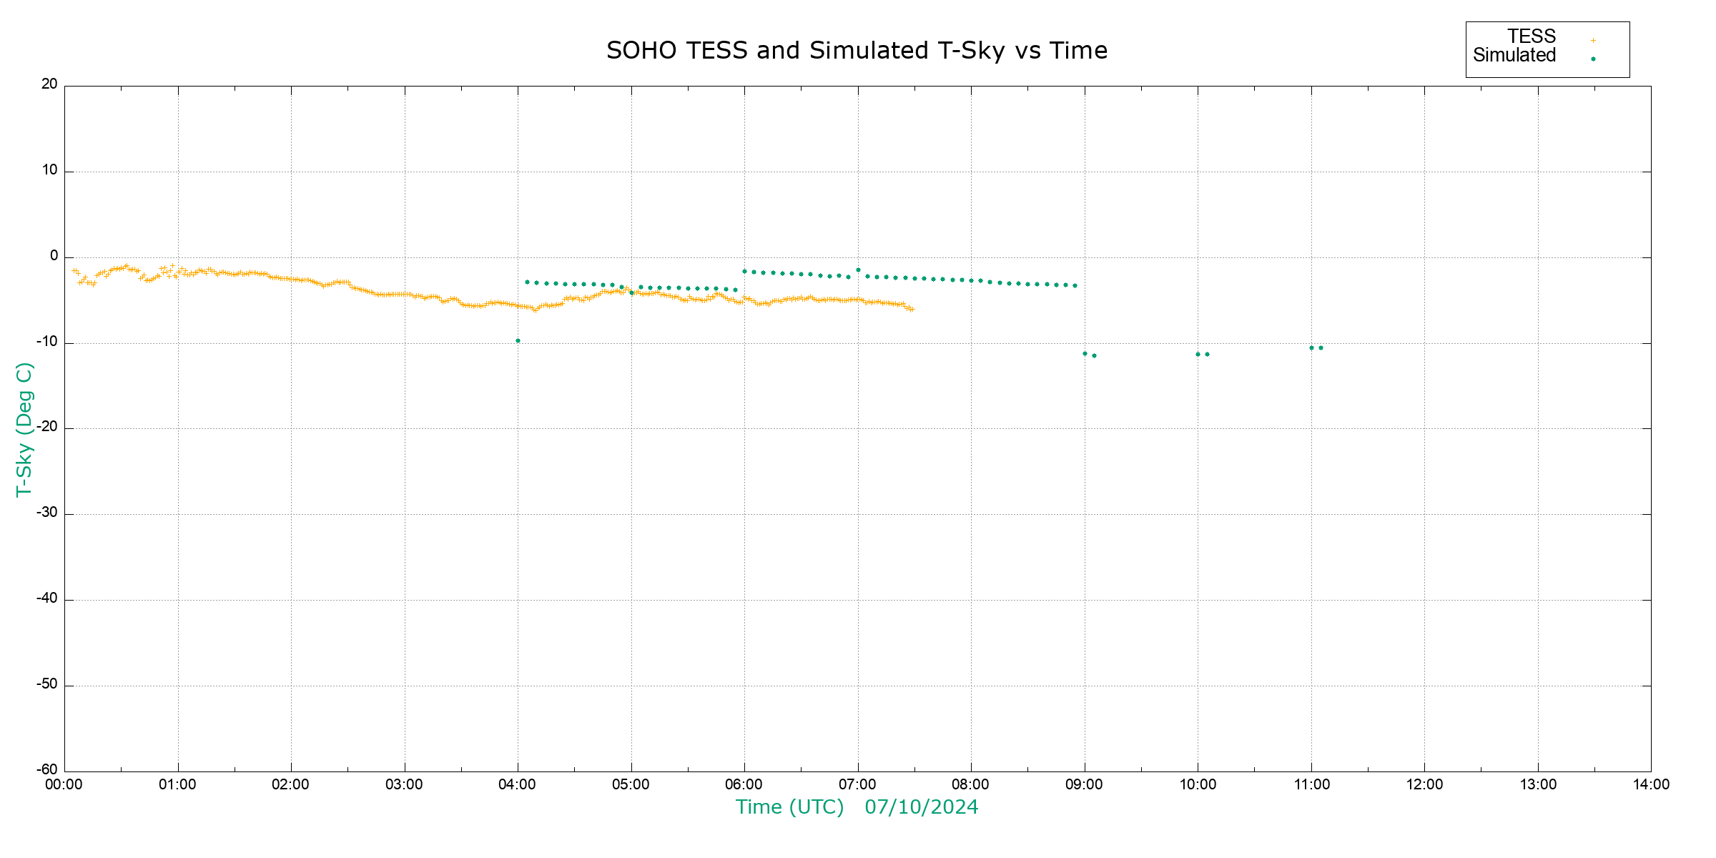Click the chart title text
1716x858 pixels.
click(x=857, y=51)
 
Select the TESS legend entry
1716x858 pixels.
click(x=1532, y=36)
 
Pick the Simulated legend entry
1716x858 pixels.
click(x=1514, y=56)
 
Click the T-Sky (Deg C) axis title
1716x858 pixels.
click(x=24, y=429)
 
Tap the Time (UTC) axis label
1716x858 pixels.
click(x=789, y=807)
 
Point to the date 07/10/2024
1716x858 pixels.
click(x=921, y=807)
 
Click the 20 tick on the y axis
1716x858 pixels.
click(x=49, y=84)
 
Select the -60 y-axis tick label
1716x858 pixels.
click(x=47, y=770)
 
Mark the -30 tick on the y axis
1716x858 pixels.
click(x=47, y=513)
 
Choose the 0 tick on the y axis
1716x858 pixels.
click(x=54, y=256)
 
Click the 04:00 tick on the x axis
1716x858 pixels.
click(x=517, y=784)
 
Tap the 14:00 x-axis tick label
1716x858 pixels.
click(x=1651, y=784)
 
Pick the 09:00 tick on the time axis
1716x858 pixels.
click(x=1084, y=784)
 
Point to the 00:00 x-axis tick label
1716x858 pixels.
click(x=64, y=784)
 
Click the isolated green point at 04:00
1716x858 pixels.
click(x=518, y=341)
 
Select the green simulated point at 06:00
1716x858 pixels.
click(x=744, y=272)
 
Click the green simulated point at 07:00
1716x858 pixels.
click(x=858, y=270)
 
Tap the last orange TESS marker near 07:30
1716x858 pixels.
click(x=912, y=310)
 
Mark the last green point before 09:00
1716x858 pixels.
click(x=1075, y=286)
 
